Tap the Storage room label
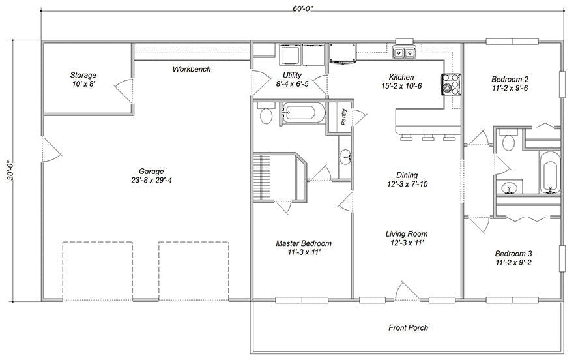point(83,75)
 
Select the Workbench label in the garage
point(191,69)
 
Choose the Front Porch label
point(408,327)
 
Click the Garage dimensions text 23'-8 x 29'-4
point(150,181)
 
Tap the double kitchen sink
point(405,53)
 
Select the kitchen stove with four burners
point(450,82)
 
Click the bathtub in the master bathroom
point(302,113)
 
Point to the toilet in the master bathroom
point(265,116)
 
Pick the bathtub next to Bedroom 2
point(550,172)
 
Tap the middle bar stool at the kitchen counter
point(428,138)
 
